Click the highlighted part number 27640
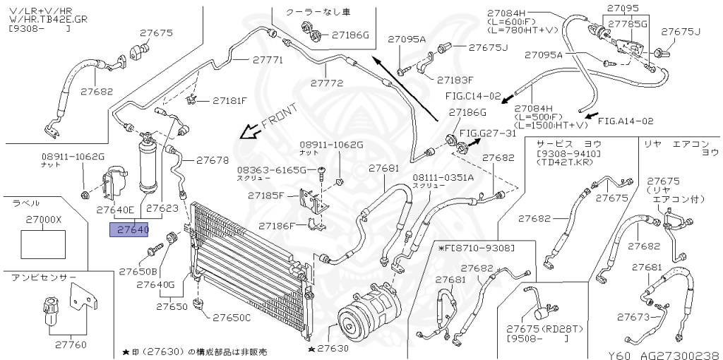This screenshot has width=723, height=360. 129,229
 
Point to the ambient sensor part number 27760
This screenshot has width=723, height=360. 70,345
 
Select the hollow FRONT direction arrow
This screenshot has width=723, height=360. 248,132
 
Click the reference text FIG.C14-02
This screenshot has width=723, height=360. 472,95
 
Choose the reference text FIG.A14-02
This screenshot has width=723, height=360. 629,121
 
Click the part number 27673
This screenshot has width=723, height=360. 632,317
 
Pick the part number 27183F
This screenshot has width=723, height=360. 455,80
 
